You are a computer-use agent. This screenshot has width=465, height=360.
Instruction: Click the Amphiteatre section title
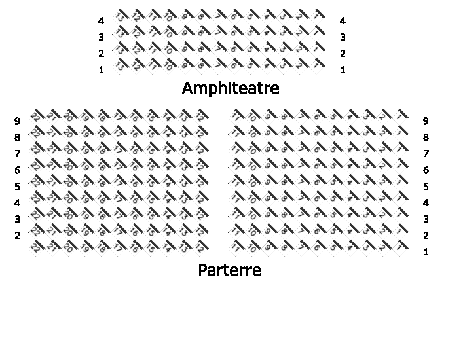click(231, 88)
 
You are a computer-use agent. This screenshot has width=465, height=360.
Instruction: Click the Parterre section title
click(229, 270)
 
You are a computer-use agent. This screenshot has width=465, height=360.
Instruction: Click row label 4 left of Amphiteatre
click(101, 21)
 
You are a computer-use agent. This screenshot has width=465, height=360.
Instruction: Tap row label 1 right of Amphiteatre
click(343, 70)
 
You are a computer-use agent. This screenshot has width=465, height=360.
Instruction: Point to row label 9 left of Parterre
click(18, 120)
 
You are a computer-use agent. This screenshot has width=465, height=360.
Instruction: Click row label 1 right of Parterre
click(426, 252)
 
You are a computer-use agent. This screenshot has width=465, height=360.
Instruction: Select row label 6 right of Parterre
click(426, 170)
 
